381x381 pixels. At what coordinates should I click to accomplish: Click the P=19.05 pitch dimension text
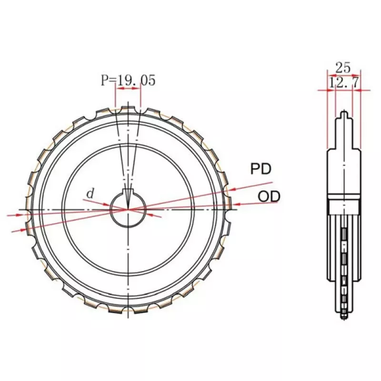[128, 80]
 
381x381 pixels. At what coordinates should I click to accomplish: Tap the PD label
[261, 169]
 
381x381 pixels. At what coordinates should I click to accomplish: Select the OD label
[269, 197]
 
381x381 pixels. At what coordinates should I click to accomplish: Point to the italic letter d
[90, 194]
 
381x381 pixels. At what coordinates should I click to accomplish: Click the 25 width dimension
[343, 68]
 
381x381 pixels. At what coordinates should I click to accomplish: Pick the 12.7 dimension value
[343, 83]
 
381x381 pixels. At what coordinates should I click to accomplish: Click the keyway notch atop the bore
[128, 191]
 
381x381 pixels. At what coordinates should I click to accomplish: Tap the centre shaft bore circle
[128, 209]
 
